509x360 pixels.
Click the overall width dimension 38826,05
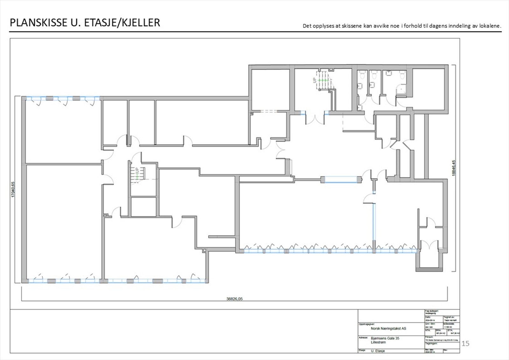pos(234,299)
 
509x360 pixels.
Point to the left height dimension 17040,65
pos(13,189)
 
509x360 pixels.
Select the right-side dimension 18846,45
pos(454,168)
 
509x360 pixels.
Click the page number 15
pos(465,343)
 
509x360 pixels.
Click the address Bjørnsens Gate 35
pos(385,338)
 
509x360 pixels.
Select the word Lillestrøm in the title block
pos(378,342)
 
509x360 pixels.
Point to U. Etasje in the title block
pos(378,351)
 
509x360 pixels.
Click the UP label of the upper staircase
pos(315,80)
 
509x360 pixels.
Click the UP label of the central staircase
pos(137,171)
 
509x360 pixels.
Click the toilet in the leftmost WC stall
pos(362,75)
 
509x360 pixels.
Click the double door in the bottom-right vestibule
pos(429,245)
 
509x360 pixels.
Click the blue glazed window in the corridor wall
pos(341,180)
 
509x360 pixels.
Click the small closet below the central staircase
pos(143,207)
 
